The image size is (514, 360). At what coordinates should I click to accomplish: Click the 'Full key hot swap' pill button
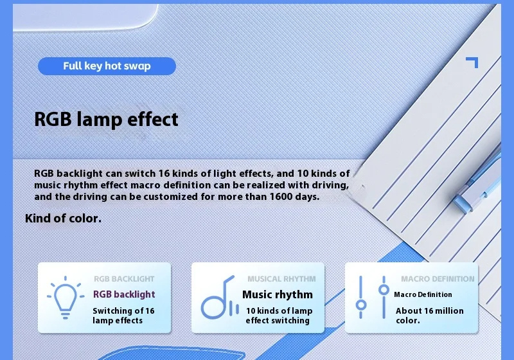tap(107, 66)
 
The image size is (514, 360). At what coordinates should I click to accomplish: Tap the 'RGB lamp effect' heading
tap(106, 119)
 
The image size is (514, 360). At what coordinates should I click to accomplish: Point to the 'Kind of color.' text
tap(63, 219)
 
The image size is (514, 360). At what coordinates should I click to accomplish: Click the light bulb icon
tap(66, 298)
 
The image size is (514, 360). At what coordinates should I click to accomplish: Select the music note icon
tap(220, 298)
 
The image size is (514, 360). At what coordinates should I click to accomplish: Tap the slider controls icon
tap(373, 298)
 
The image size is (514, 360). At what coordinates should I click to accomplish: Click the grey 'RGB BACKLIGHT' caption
tap(124, 279)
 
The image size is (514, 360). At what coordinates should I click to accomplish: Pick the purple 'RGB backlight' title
tap(124, 294)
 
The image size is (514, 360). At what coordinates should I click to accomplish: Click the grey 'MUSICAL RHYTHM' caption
tap(281, 279)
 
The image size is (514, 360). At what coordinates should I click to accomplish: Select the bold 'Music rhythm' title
tap(278, 295)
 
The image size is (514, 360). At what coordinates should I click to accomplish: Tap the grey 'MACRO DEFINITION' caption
tap(438, 279)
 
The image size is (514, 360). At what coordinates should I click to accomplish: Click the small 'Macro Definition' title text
tap(423, 295)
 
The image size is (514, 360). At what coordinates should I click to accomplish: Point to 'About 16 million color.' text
tap(429, 316)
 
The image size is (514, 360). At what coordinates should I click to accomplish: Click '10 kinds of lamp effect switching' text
tap(279, 316)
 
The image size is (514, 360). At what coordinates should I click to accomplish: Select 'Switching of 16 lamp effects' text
tap(123, 316)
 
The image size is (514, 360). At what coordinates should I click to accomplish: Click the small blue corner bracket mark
tap(472, 62)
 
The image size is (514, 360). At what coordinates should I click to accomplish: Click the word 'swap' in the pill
tap(137, 67)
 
